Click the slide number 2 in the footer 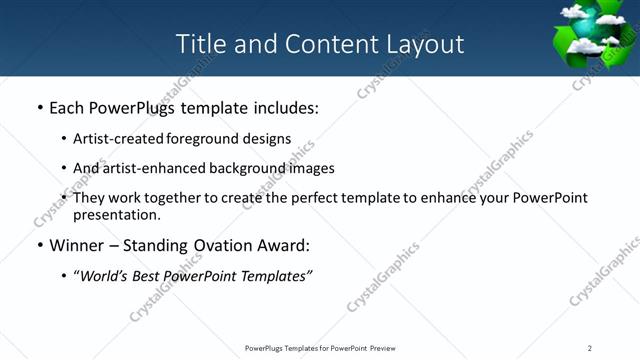coord(590,348)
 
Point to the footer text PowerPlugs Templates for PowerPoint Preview coord(320,348)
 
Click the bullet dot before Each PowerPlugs coord(39,108)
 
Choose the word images coord(311,168)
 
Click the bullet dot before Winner coord(39,246)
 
